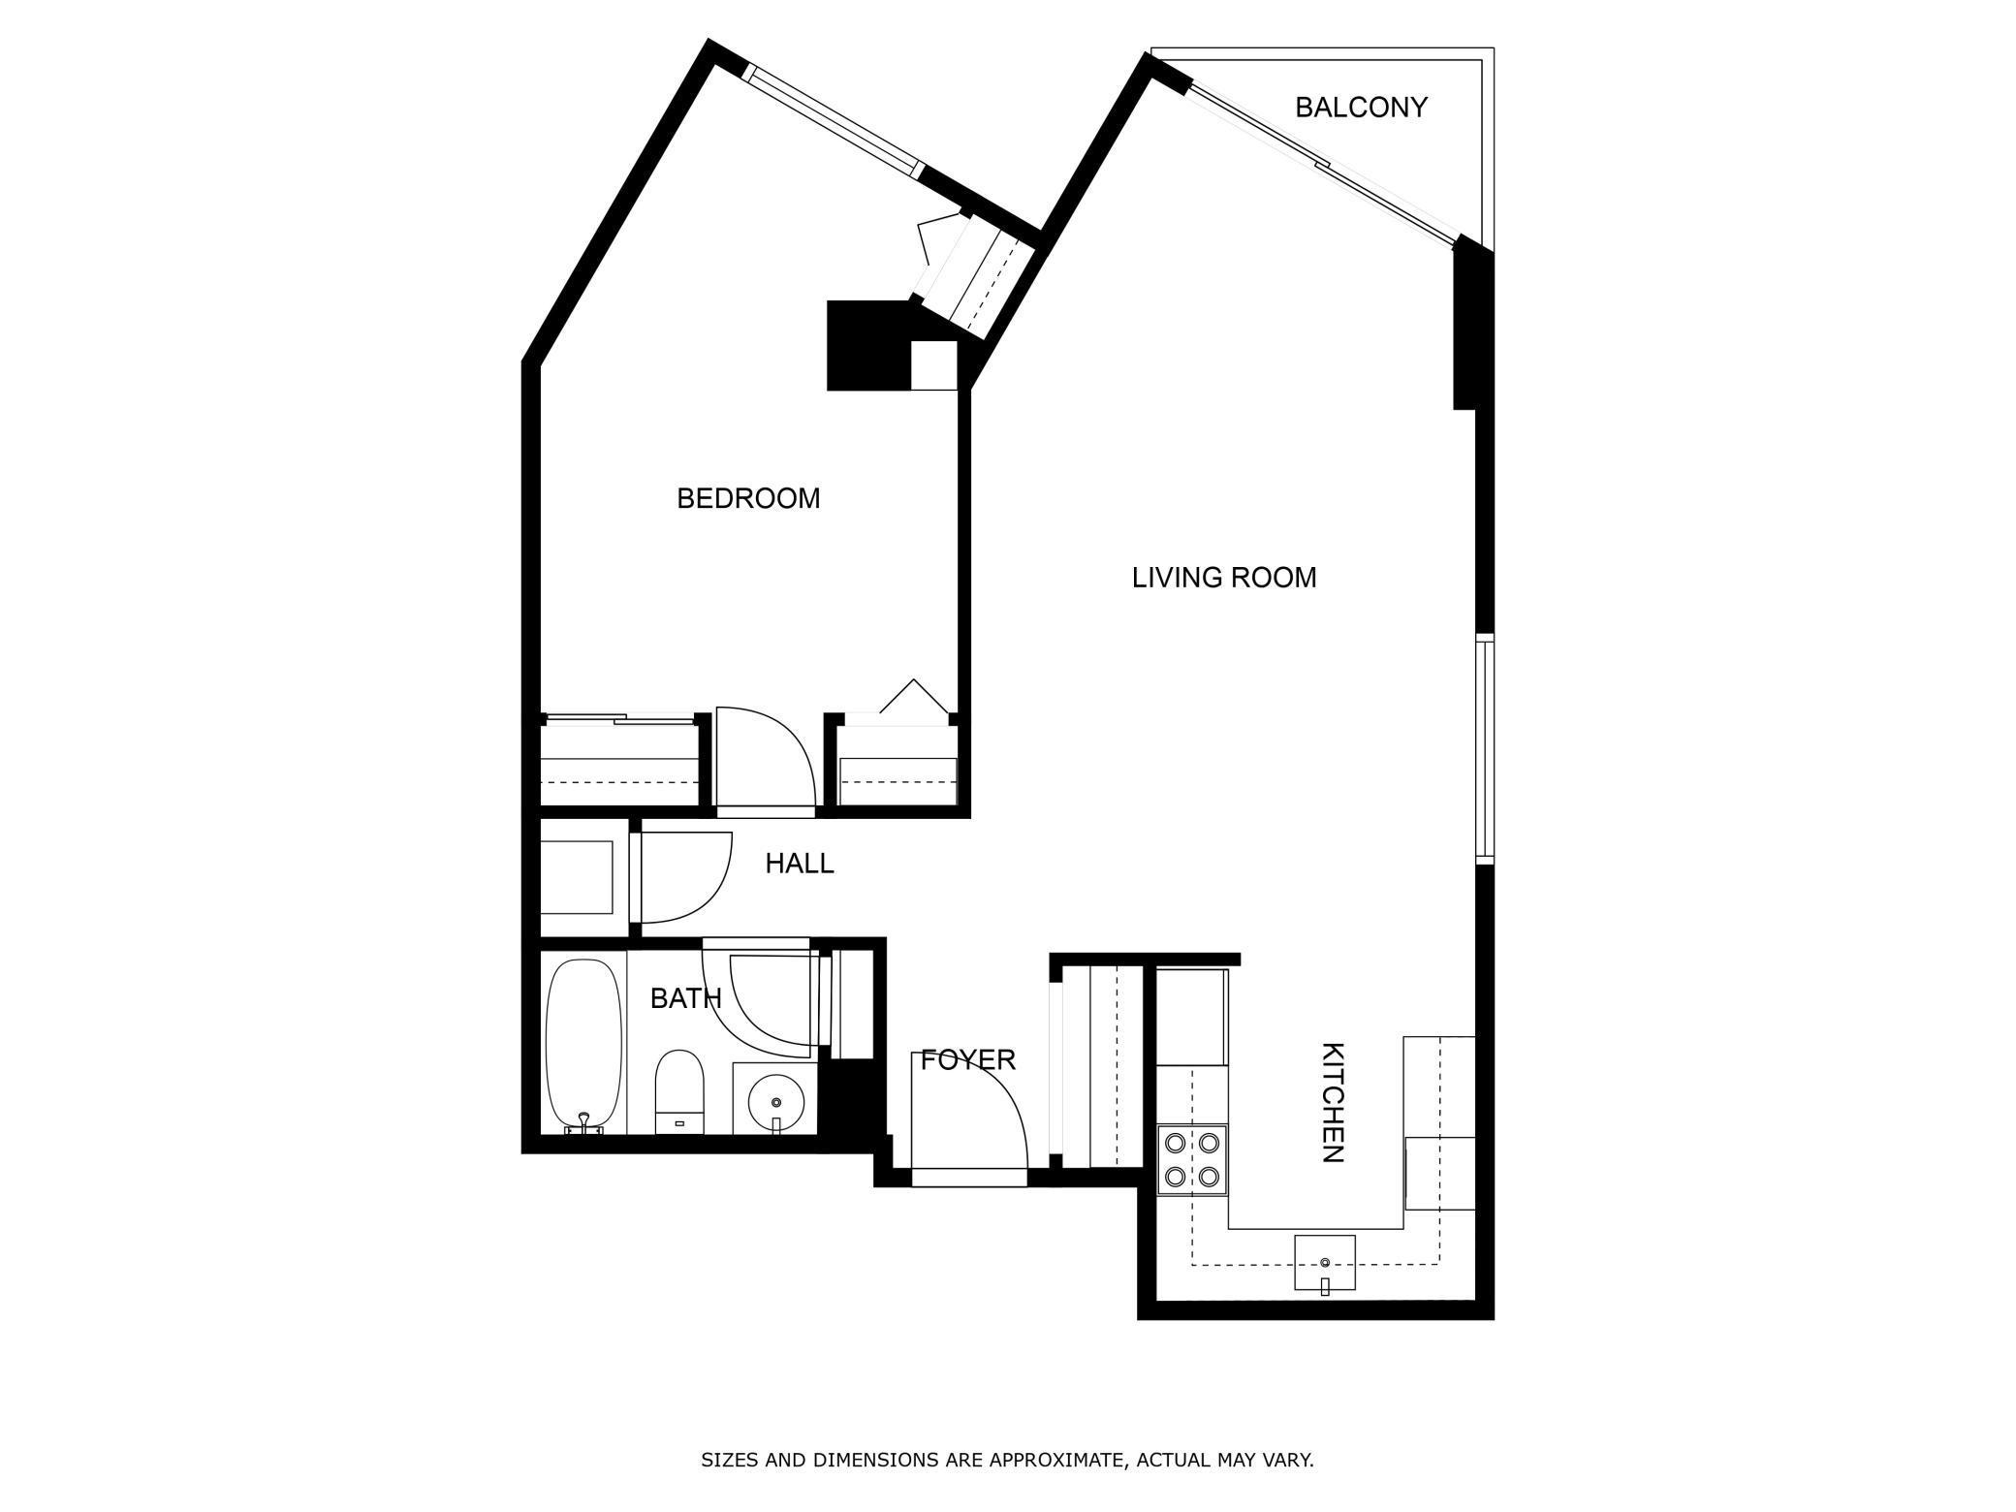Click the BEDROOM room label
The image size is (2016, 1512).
tap(748, 499)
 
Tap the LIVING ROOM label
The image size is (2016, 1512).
tap(1224, 579)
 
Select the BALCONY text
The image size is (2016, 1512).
tap(1361, 108)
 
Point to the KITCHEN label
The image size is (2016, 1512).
tap(1333, 1102)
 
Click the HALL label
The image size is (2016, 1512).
tap(800, 864)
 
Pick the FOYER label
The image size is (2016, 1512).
tap(967, 1060)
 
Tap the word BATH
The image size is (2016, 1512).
tap(685, 998)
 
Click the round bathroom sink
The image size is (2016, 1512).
tap(775, 1102)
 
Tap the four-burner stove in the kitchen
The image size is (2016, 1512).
tap(1192, 1160)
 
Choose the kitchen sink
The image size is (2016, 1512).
tap(1325, 1263)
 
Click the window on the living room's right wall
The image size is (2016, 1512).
tap(1484, 748)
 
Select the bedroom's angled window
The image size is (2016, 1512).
tap(835, 121)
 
